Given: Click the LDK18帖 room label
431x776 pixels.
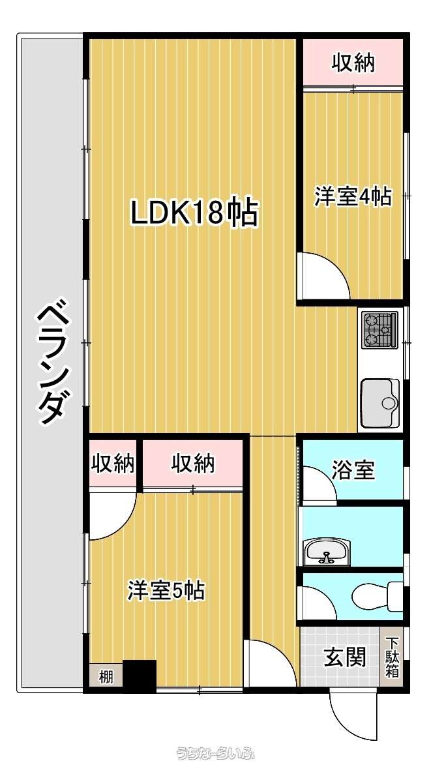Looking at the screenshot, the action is pyautogui.click(x=194, y=213).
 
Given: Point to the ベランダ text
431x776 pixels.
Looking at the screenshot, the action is pyautogui.click(x=52, y=364).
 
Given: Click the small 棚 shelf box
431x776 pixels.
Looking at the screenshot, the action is pyautogui.click(x=106, y=676).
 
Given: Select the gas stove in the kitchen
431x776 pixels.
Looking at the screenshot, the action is pyautogui.click(x=379, y=330).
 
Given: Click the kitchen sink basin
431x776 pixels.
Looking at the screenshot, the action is pyautogui.click(x=379, y=403).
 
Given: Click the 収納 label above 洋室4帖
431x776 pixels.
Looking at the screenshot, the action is pyautogui.click(x=353, y=63).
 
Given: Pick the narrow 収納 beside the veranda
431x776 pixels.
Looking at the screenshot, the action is pyautogui.click(x=112, y=463).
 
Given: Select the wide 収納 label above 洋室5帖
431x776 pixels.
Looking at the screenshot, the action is pyautogui.click(x=193, y=463).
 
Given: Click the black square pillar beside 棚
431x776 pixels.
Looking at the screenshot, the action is pyautogui.click(x=140, y=674).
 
